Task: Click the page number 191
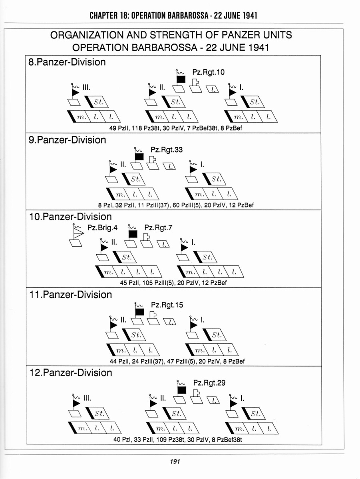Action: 175,461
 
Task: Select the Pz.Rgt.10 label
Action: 208,72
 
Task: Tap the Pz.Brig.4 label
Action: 102,228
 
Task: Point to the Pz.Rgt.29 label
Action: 209,382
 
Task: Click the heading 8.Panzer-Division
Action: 67,62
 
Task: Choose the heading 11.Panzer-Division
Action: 71,295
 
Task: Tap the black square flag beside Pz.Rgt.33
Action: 139,156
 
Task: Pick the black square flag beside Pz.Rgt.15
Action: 139,312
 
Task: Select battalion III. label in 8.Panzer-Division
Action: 86,88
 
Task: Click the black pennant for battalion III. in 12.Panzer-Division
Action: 76,404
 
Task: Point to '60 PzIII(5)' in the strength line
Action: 187,205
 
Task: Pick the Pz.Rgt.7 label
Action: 158,228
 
